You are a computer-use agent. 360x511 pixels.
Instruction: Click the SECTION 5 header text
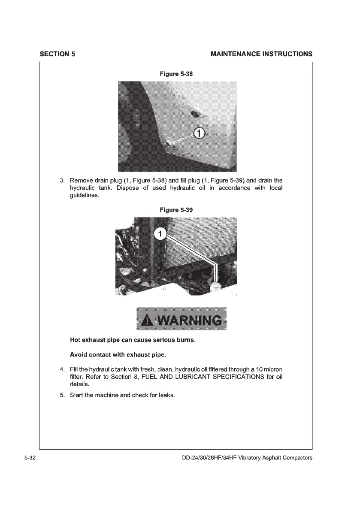pos(57,54)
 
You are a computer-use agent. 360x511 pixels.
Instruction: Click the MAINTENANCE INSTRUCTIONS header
pos(261,54)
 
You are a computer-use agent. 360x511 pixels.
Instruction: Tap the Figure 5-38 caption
pos(176,74)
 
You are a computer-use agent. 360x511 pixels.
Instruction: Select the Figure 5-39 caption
pos(176,210)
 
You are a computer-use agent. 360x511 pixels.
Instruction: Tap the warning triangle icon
pos(148,321)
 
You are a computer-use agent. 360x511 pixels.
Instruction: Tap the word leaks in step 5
pos(166,395)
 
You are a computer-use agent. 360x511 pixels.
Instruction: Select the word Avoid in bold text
pos(79,355)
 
